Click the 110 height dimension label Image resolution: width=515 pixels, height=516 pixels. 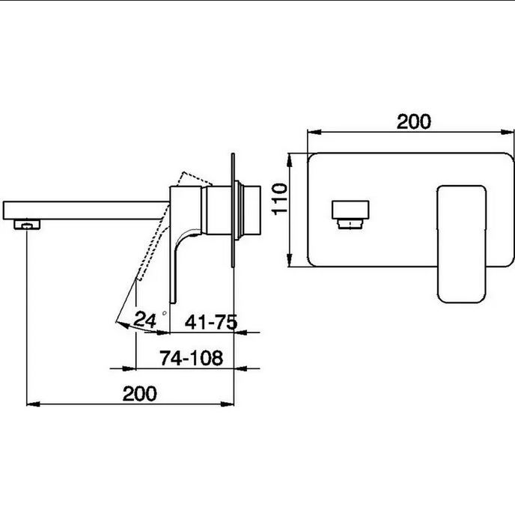point(280,199)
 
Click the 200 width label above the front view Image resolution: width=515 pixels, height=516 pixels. point(413,122)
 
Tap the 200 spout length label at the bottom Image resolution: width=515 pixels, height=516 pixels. point(140,393)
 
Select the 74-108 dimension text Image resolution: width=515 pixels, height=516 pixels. point(191,358)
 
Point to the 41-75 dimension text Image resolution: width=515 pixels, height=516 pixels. point(211,322)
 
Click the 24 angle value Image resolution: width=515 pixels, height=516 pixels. point(144,319)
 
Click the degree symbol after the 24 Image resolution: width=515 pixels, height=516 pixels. point(165,313)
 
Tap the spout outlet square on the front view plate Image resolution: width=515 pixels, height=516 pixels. point(350,214)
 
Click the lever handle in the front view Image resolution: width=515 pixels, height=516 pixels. point(462,244)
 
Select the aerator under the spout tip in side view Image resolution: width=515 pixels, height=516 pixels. point(27,225)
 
